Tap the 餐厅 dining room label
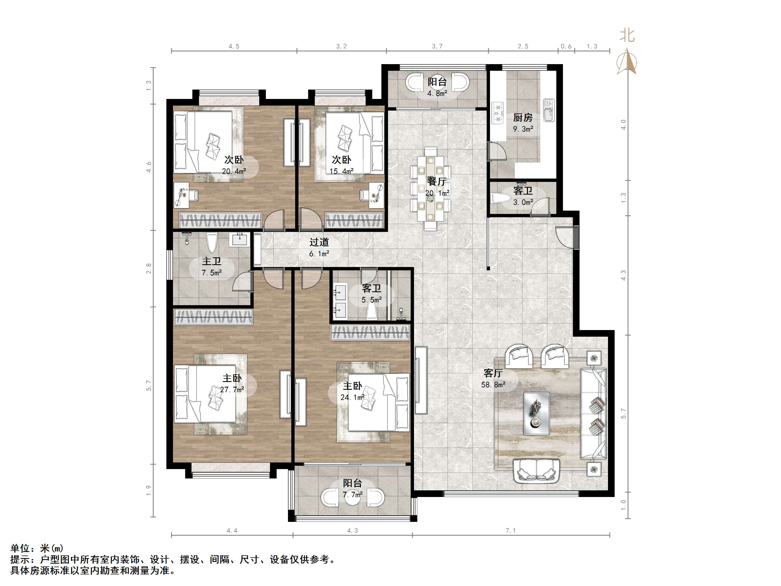click(x=437, y=182)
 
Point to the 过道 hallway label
click(x=319, y=242)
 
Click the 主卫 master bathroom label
click(x=211, y=261)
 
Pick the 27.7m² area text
click(x=232, y=389)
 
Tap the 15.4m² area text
click(x=341, y=171)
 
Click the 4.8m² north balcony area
click(x=437, y=93)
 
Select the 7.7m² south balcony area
click(x=352, y=495)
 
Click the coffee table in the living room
click(x=536, y=414)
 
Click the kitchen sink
click(x=549, y=110)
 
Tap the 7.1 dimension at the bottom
click(x=510, y=530)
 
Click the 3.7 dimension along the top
click(x=437, y=46)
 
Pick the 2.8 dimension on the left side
click(x=149, y=268)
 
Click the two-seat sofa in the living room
click(x=536, y=470)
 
